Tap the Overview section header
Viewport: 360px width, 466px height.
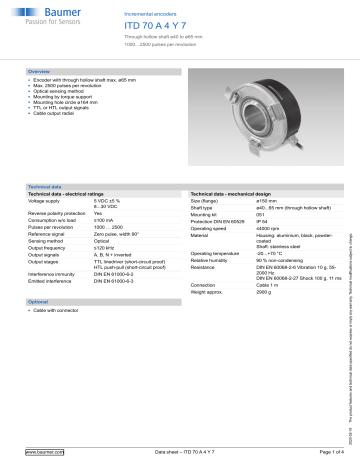39,73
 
